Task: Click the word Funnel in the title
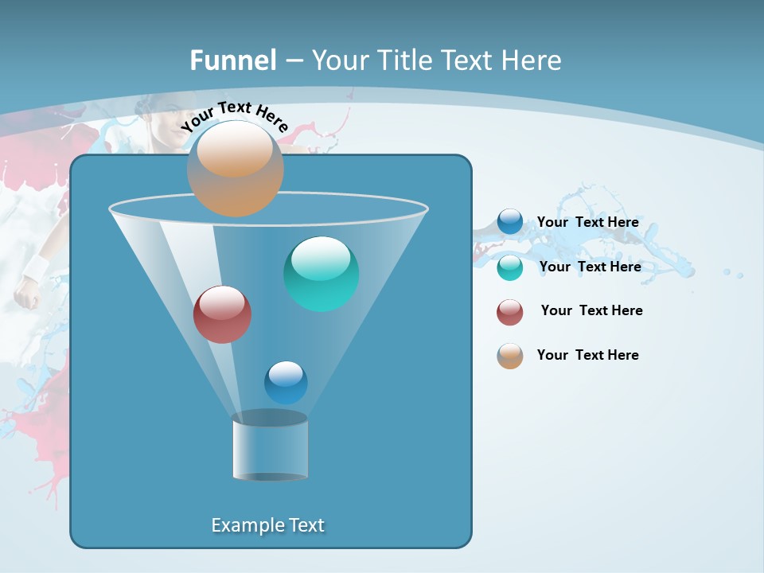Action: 233,60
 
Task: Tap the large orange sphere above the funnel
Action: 235,168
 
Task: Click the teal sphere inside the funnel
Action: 321,274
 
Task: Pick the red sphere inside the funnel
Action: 222,314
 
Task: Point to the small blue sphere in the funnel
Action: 286,383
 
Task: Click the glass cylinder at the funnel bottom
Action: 270,446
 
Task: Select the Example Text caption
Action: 267,525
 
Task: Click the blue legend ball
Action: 510,222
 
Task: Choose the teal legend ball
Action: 510,267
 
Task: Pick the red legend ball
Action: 510,312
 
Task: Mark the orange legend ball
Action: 510,356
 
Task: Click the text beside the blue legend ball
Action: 587,223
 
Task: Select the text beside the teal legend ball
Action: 590,267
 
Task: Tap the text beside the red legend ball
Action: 591,311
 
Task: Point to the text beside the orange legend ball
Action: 587,356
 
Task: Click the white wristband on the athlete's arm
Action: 35,268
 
